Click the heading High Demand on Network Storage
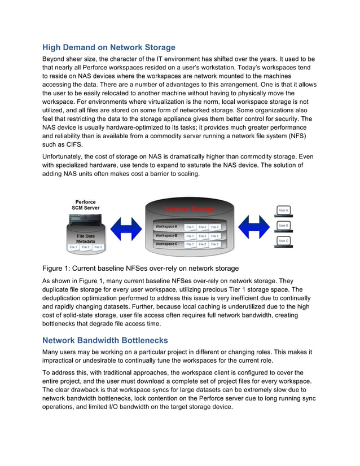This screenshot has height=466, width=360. [109, 47]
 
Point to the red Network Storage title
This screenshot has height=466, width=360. [190, 209]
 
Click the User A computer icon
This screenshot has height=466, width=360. [283, 210]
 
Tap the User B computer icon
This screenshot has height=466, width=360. [283, 226]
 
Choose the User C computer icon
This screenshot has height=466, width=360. [283, 241]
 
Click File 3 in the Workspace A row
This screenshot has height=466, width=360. [214, 227]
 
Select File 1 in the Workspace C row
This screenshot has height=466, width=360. [190, 244]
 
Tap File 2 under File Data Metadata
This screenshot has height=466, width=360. [86, 247]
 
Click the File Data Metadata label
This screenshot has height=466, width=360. [85, 239]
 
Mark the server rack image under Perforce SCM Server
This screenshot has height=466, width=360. [85, 220]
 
